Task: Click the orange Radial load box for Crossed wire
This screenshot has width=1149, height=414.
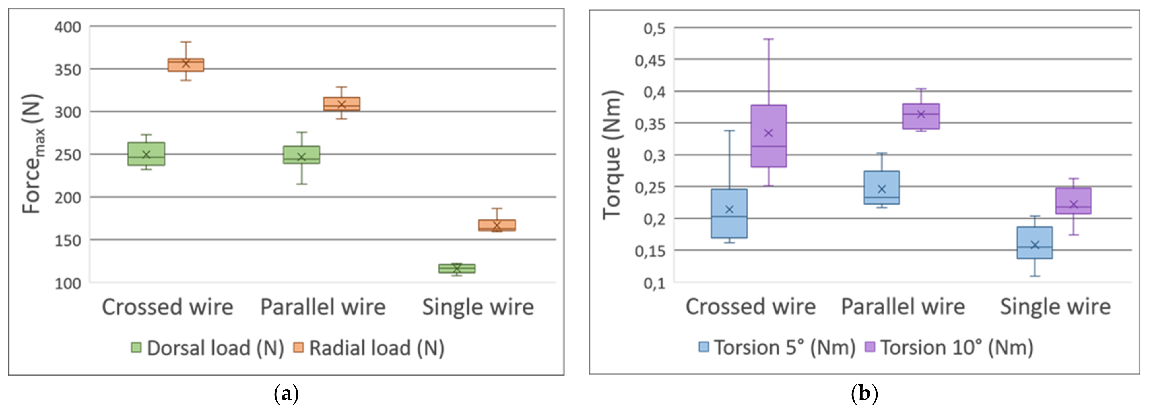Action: coord(186,65)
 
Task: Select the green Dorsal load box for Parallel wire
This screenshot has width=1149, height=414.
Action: coord(302,155)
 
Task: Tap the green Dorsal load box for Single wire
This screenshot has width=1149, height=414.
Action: coord(457,268)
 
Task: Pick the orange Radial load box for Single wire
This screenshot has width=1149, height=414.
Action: coord(497,225)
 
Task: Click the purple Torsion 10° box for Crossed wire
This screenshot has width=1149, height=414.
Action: coord(768,136)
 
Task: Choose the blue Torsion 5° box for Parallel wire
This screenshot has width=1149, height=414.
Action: coord(882,188)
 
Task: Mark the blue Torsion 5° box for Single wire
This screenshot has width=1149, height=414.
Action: coord(1035,242)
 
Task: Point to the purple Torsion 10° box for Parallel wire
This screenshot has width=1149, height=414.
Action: coord(921,116)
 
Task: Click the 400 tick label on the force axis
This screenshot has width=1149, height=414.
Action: coord(68,27)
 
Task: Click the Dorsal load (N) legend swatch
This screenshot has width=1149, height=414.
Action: coord(136,347)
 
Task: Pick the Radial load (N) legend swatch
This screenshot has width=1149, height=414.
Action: coord(298,347)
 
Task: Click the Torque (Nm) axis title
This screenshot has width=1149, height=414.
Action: coord(612,155)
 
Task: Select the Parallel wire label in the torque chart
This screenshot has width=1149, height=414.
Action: coord(903,307)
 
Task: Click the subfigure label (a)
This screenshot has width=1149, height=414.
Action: coord(286,394)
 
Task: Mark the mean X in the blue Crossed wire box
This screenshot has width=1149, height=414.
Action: coord(729,209)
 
